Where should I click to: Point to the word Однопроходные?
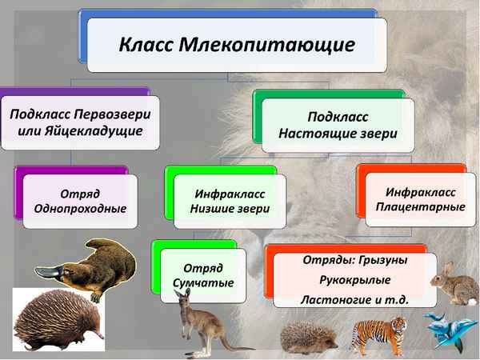pyautogui.click(x=79, y=209)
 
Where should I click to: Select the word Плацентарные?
pyautogui.click(x=421, y=207)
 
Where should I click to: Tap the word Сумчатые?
pyautogui.click(x=203, y=282)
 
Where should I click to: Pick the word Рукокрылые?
pyautogui.click(x=356, y=280)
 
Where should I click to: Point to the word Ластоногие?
pyautogui.click(x=334, y=300)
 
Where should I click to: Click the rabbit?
pyautogui.click(x=454, y=283)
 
